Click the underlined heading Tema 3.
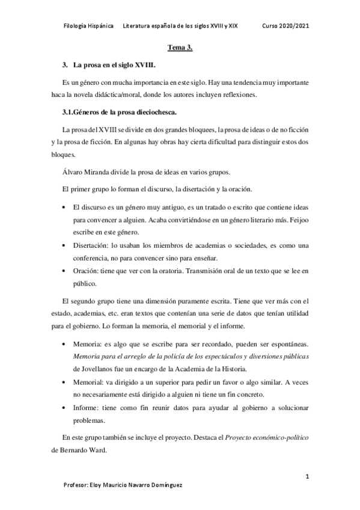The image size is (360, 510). coord(179,49)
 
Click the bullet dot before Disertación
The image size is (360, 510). coord(66,246)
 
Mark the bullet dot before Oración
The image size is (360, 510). coord(66,272)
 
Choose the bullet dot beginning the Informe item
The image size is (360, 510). coord(66,408)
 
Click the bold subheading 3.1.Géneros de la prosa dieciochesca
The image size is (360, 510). coord(119,111)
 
